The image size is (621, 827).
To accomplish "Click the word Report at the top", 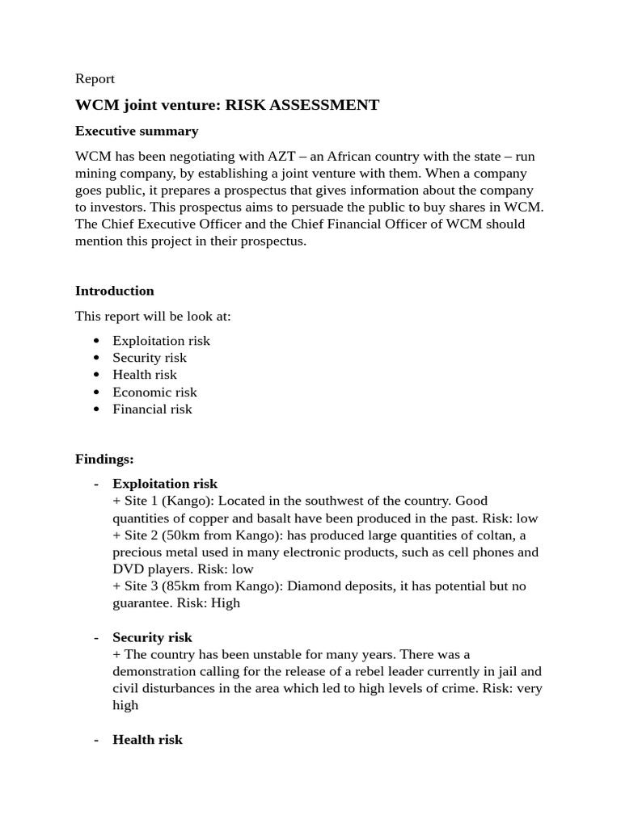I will click(x=95, y=78).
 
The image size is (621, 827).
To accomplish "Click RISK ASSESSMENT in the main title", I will click(x=302, y=105).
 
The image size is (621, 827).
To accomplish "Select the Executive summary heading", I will click(x=136, y=131).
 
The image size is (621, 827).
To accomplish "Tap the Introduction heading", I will click(x=114, y=291).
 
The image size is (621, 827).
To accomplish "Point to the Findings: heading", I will click(x=104, y=459).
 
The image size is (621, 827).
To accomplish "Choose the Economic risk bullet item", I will click(x=154, y=392).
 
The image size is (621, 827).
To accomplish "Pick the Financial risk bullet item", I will click(x=152, y=409).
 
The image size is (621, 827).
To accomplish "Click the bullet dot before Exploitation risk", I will click(x=97, y=341).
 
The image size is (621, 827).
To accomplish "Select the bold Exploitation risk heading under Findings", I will click(x=164, y=484).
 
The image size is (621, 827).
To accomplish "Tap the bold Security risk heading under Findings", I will click(x=152, y=637).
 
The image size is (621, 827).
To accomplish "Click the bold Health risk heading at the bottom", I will click(x=147, y=739).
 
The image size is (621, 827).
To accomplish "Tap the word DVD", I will click(x=128, y=569).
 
